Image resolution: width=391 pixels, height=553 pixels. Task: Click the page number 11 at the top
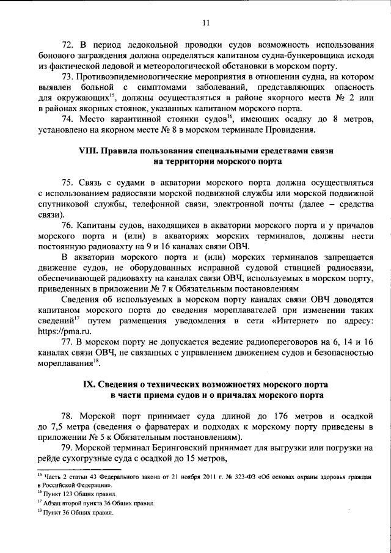[206, 23]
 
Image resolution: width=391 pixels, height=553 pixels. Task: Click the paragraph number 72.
[68, 45]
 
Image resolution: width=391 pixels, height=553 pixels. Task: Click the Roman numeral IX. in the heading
[89, 386]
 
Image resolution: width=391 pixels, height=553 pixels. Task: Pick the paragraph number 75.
[68, 183]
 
